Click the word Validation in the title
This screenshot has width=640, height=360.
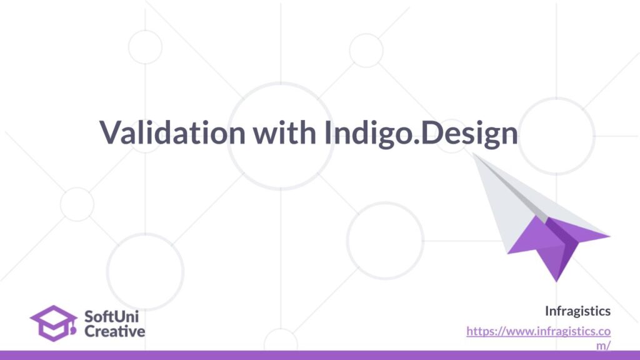[x=172, y=132]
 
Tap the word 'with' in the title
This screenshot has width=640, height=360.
[x=284, y=132]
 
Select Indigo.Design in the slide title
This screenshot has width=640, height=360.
[x=421, y=134]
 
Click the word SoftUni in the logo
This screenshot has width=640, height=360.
[x=111, y=316]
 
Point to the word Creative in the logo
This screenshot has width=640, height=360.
[x=115, y=331]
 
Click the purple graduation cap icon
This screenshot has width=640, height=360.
[x=54, y=323]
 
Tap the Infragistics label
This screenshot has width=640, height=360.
[x=578, y=311]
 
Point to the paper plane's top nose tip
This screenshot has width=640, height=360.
[x=472, y=154]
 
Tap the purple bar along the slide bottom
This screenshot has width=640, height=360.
[x=320, y=355]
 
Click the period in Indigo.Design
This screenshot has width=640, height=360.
[x=416, y=142]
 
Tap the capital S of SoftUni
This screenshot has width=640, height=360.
[x=89, y=317]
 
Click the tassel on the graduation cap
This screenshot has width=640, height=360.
[x=73, y=328]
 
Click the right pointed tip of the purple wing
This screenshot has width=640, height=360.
[x=609, y=236]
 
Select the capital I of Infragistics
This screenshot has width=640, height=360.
[x=547, y=311]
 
